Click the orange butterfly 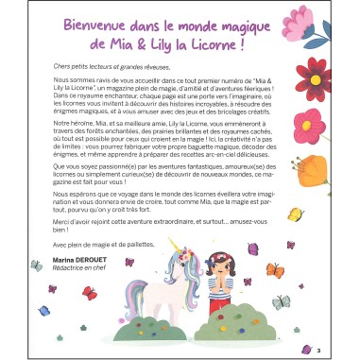click(x=274, y=270)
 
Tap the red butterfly click(x=90, y=293)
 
